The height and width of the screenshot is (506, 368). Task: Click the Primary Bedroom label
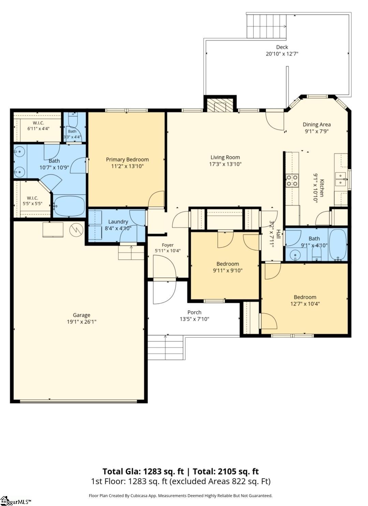pos(128,160)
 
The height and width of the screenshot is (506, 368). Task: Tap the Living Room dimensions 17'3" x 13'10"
pos(225,164)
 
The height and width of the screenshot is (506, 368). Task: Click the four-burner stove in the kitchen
pos(292,181)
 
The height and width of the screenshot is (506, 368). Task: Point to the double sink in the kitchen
pos(341,179)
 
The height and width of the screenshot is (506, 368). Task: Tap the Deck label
pos(282,47)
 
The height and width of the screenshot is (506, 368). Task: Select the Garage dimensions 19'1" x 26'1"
pos(82,322)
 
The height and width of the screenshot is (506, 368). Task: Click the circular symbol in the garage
pos(76,230)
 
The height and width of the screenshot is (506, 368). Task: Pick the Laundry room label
pos(118,222)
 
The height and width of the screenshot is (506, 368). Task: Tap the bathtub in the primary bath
pos(69,206)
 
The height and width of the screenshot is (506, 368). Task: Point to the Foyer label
pos(167,245)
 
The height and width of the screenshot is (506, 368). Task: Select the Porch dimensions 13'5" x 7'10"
pos(194,319)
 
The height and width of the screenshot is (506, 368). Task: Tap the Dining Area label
pos(317,124)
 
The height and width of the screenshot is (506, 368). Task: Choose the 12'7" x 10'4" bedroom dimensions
pos(305,303)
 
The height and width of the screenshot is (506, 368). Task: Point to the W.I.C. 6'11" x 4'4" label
pos(39,126)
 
